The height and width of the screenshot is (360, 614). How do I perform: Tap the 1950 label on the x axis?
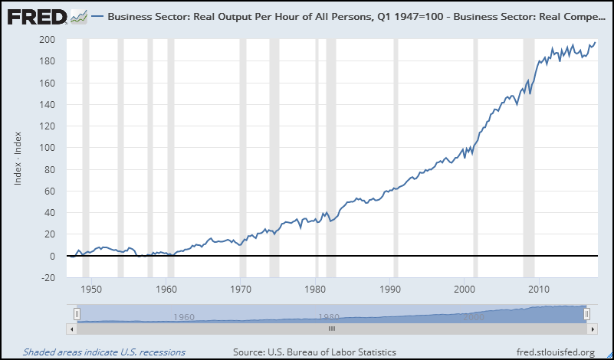pos(91,289)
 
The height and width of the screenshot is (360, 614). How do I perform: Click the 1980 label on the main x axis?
pos(316,289)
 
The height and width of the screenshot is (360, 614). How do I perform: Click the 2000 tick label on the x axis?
pos(465,289)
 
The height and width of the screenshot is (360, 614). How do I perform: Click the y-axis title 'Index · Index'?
pos(18,158)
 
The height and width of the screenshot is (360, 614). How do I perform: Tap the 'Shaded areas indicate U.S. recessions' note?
pos(104,352)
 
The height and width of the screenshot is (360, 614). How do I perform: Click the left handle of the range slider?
pos(77,313)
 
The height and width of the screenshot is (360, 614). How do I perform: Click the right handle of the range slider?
pos(586,313)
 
